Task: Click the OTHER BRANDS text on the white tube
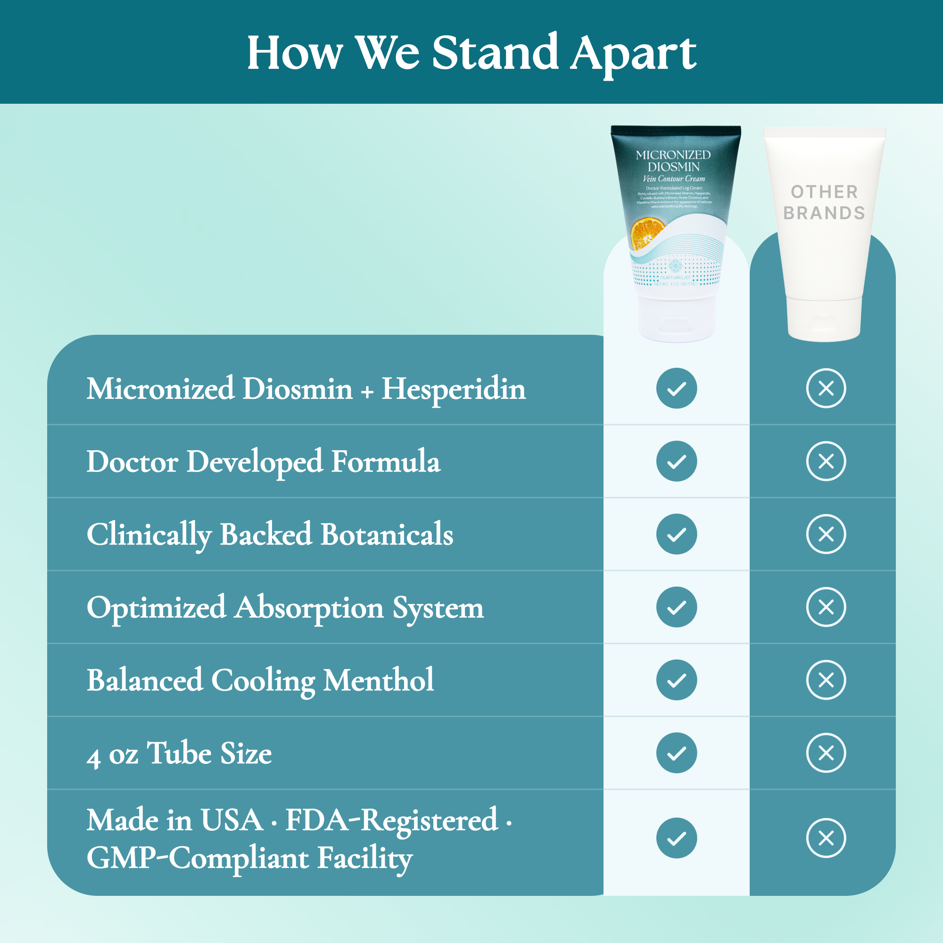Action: coord(824,202)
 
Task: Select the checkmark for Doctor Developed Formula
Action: coord(677,461)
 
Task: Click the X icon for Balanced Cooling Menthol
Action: coord(826,680)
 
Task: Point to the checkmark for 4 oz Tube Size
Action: coord(677,753)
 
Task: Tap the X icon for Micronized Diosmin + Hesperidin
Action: coord(826,389)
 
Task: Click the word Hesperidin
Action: coord(454,389)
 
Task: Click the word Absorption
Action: coord(309,608)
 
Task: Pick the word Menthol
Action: coord(378,680)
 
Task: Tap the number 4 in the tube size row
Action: coord(94,756)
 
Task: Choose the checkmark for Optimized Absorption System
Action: coord(677,607)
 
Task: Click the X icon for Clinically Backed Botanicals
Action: coord(826,534)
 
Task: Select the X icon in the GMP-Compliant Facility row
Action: coord(826,838)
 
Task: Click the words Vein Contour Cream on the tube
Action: coord(674,179)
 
